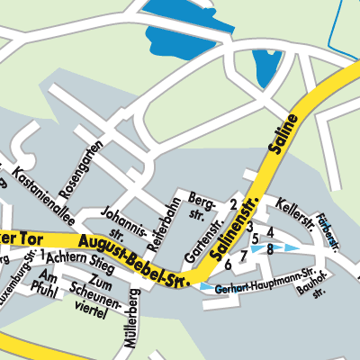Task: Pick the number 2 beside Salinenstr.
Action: (x=233, y=205)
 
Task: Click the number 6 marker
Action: (x=228, y=265)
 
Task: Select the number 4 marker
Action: (x=269, y=232)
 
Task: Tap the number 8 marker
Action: (x=269, y=248)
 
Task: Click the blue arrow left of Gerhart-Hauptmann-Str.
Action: (x=209, y=287)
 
